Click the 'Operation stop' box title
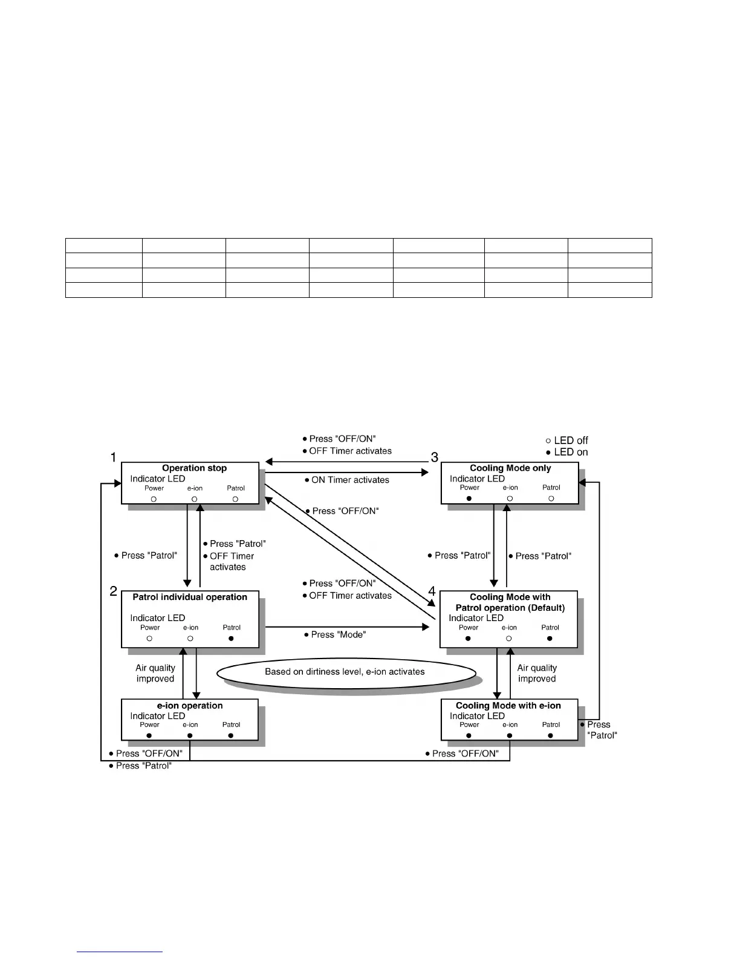click(x=194, y=468)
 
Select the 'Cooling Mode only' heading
click(x=510, y=468)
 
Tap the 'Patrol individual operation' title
click(x=190, y=598)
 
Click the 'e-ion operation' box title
click(x=190, y=706)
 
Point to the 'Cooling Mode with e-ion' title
click(x=508, y=706)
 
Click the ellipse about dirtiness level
click(x=346, y=672)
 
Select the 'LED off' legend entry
click(x=566, y=440)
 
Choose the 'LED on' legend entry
click(x=566, y=452)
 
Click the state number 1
click(x=113, y=458)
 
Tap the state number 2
click(x=113, y=592)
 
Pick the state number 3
click(x=434, y=458)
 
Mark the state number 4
click(x=432, y=592)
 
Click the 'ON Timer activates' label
click(x=347, y=480)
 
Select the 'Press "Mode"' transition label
click(x=335, y=635)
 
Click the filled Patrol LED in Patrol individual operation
click(x=231, y=639)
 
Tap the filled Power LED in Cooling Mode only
click(x=469, y=499)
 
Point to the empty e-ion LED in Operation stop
click(x=194, y=500)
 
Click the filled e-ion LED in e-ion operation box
click(x=190, y=736)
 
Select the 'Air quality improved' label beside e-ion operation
click(x=155, y=674)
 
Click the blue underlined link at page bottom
click(x=120, y=952)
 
